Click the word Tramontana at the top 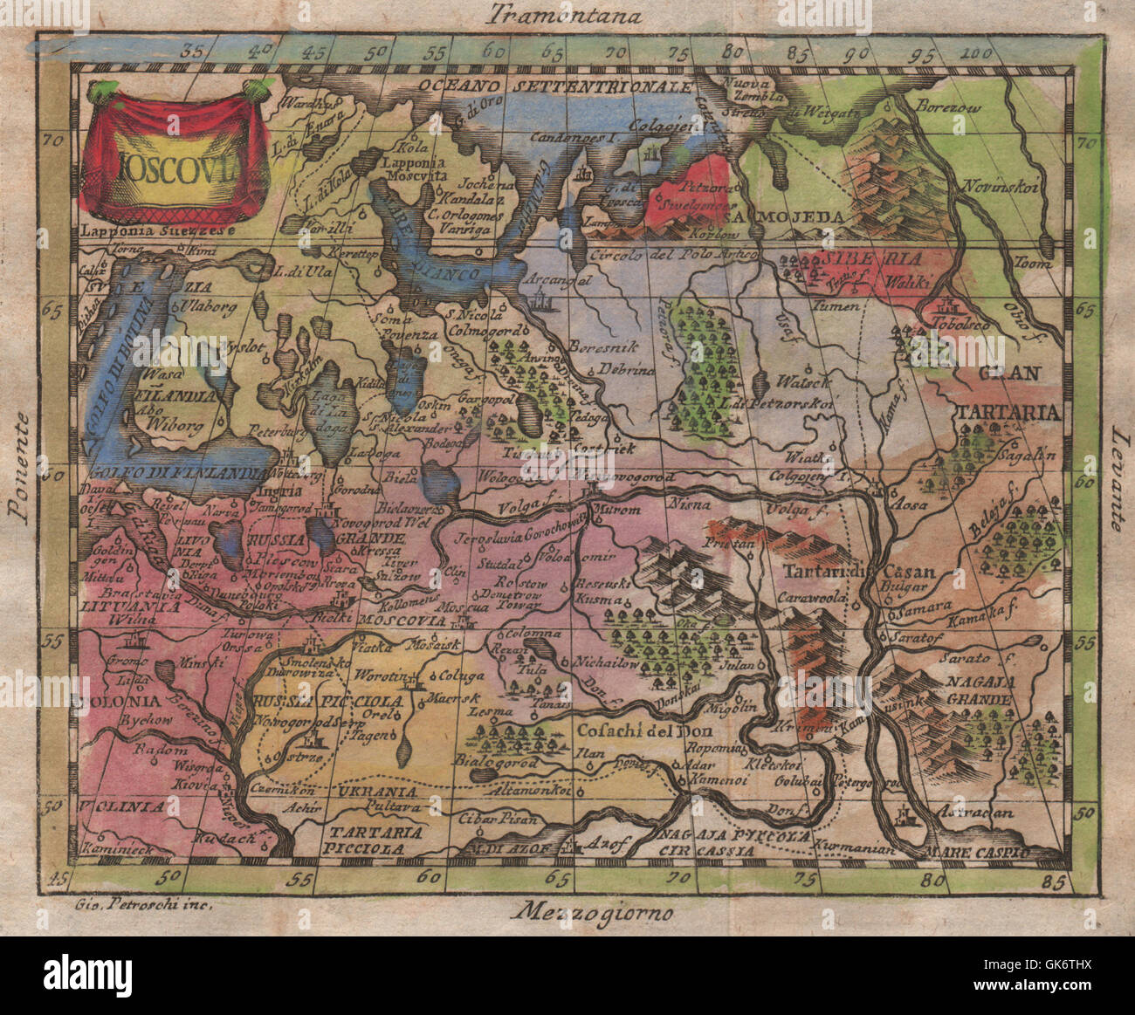pos(566,15)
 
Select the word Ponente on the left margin pos(20,467)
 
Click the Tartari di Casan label pos(860,573)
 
